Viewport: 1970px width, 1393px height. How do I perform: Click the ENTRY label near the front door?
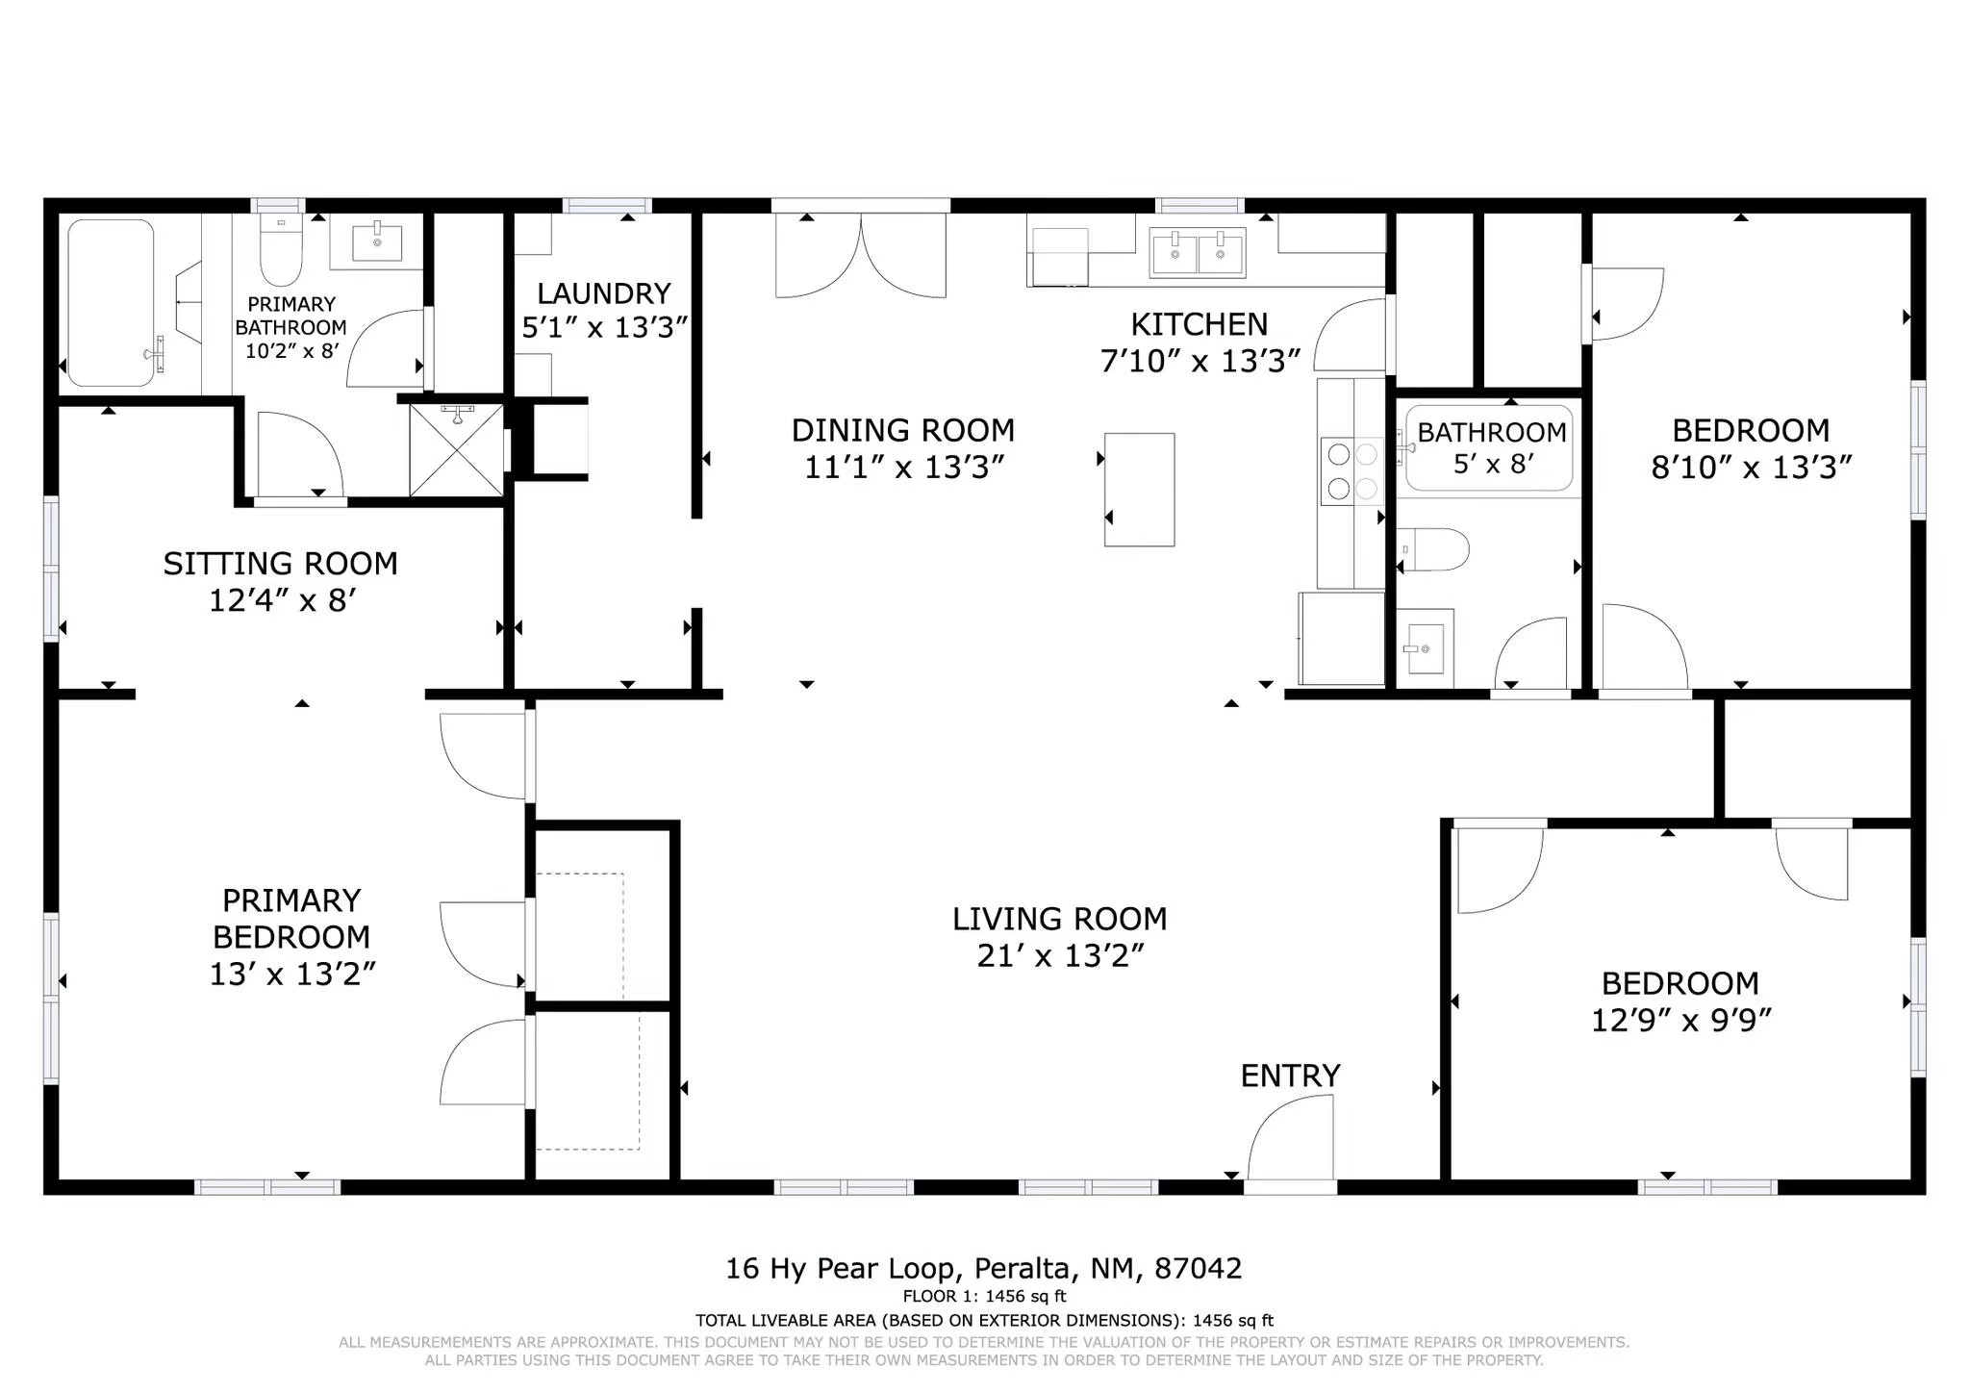[x=1290, y=1076]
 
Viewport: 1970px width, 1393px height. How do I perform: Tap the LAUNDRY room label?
[x=603, y=293]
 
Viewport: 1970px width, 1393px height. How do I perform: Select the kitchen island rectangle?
[x=1139, y=490]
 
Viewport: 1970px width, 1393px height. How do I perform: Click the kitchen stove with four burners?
[x=1351, y=470]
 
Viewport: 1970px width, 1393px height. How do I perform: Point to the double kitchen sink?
[x=1198, y=252]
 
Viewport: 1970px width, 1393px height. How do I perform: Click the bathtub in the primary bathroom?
[x=111, y=303]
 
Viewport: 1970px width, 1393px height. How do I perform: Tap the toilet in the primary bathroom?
[x=281, y=249]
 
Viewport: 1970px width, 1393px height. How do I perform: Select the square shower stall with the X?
[x=456, y=450]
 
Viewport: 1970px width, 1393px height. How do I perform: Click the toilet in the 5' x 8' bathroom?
[x=1433, y=549]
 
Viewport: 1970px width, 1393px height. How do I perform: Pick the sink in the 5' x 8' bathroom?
[x=1425, y=648]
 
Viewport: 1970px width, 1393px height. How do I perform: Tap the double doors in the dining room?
[x=861, y=255]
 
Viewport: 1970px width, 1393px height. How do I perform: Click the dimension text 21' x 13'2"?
[x=1060, y=956]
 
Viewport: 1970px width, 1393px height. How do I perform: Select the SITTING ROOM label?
[x=280, y=564]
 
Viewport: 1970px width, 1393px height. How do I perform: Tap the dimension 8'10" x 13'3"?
[x=1751, y=468]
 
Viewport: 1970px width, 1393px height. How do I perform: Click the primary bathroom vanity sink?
[x=376, y=241]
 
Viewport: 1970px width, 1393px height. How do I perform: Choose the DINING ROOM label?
[x=902, y=430]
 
